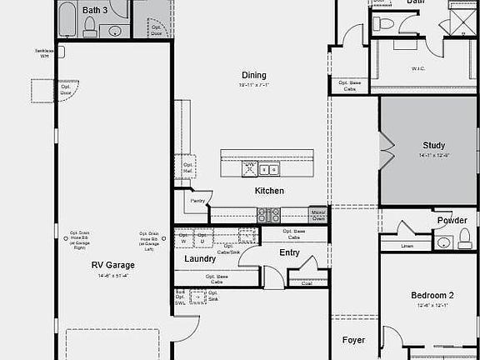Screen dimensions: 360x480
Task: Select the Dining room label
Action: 254,75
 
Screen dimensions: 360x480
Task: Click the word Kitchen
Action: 269,191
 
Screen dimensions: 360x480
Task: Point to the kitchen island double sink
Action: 268,169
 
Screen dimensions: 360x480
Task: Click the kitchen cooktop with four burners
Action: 268,215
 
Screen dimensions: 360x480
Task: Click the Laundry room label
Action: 200,259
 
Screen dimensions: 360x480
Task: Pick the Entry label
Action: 289,252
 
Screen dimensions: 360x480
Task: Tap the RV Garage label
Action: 112,265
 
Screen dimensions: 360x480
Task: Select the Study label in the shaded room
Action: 434,146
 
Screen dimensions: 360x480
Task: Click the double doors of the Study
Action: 384,151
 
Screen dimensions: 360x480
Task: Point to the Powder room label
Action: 451,221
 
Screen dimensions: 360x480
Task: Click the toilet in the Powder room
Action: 443,243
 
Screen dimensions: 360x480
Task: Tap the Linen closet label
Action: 407,246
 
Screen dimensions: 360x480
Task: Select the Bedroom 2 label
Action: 432,296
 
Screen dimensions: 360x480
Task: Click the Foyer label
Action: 354,340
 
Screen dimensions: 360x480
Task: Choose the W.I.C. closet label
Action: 419,68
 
